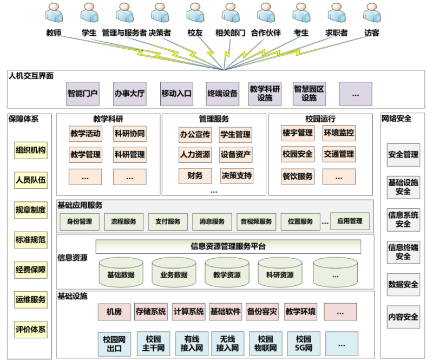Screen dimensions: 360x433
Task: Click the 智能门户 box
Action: point(83,93)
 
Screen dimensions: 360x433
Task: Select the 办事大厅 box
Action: point(129,93)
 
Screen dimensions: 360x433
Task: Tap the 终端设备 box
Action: point(222,93)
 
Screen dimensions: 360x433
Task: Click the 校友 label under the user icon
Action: point(195,33)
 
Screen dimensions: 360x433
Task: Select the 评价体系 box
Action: point(31,329)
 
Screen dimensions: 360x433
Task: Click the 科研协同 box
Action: point(129,133)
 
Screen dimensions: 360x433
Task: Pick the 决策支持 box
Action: point(235,175)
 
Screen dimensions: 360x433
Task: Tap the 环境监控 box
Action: point(339,133)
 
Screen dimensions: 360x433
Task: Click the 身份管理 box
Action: point(80,221)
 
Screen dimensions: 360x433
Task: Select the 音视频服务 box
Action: point(256,221)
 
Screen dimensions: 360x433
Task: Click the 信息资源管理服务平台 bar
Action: point(228,246)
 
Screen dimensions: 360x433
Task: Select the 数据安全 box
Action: point(403,284)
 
